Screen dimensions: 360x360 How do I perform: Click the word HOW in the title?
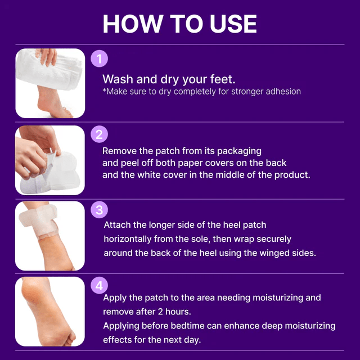[133, 24]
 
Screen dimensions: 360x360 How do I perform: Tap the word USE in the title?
[233, 24]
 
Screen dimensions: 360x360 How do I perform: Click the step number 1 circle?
[99, 58]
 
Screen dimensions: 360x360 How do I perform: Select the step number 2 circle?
[99, 134]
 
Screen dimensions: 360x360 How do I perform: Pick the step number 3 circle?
[99, 210]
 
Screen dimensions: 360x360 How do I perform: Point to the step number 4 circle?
[99, 285]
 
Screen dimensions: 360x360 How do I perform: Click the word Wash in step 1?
[118, 79]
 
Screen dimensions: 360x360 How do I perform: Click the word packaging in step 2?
[239, 151]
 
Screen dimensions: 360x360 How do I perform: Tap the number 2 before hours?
[160, 312]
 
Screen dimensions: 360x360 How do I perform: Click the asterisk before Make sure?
[104, 89]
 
